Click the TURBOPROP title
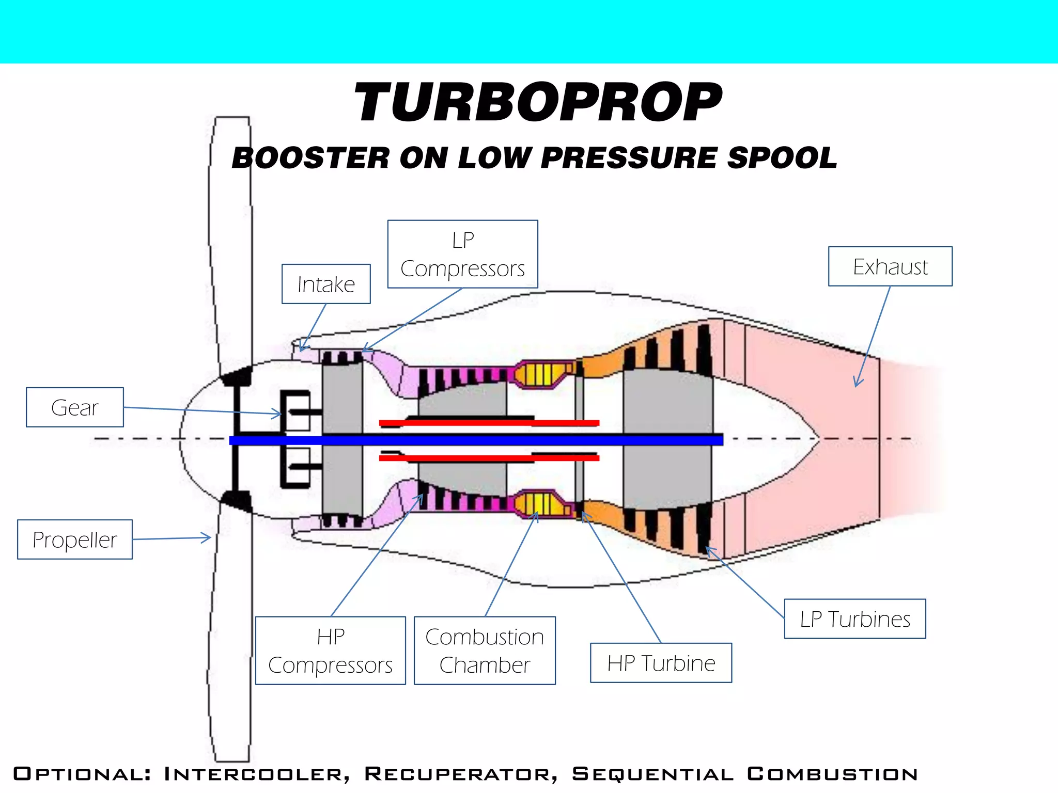click(x=537, y=103)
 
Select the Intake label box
click(x=326, y=284)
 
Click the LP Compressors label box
click(x=462, y=254)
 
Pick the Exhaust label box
click(x=890, y=266)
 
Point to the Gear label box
click(x=75, y=407)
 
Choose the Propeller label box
click(x=75, y=540)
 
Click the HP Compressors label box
click(x=331, y=651)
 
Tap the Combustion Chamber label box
click(x=485, y=651)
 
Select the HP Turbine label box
click(x=661, y=663)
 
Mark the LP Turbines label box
click(x=854, y=619)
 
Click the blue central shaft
click(x=475, y=440)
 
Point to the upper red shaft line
click(x=488, y=423)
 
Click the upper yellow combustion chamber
click(x=540, y=374)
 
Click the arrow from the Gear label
click(x=201, y=410)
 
